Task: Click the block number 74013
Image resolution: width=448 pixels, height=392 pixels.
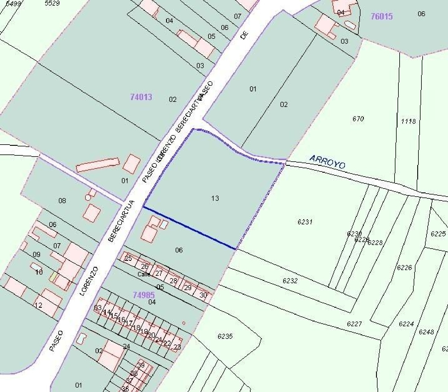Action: tap(141, 97)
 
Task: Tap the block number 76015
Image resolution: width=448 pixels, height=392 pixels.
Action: tap(381, 16)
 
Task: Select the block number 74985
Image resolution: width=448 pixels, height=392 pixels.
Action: tap(144, 295)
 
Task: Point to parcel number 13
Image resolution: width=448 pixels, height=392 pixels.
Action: tap(215, 198)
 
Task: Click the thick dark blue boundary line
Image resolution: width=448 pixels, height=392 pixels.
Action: tap(189, 227)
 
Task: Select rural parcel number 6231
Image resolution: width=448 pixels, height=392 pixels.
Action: tap(305, 222)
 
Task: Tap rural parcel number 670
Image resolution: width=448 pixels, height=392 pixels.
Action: tap(358, 119)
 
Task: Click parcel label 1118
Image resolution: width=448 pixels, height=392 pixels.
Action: tap(408, 121)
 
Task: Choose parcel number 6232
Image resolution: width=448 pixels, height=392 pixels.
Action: tap(290, 281)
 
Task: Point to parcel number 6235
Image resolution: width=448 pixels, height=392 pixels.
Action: tap(225, 336)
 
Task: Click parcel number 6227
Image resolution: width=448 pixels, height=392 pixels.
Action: tap(354, 324)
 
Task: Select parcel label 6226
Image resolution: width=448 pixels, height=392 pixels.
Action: tap(404, 267)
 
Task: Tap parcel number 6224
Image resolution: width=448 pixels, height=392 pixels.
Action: tap(406, 324)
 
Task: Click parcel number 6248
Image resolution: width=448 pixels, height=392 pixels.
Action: tap(426, 332)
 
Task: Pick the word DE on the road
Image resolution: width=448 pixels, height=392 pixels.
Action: tap(244, 35)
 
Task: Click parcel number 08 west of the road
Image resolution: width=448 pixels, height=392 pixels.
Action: tap(62, 200)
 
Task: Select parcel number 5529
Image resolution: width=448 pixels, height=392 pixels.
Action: tap(52, 3)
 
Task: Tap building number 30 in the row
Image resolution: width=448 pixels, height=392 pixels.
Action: tap(203, 295)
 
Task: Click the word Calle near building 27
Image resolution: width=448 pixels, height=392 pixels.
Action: tap(144, 274)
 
